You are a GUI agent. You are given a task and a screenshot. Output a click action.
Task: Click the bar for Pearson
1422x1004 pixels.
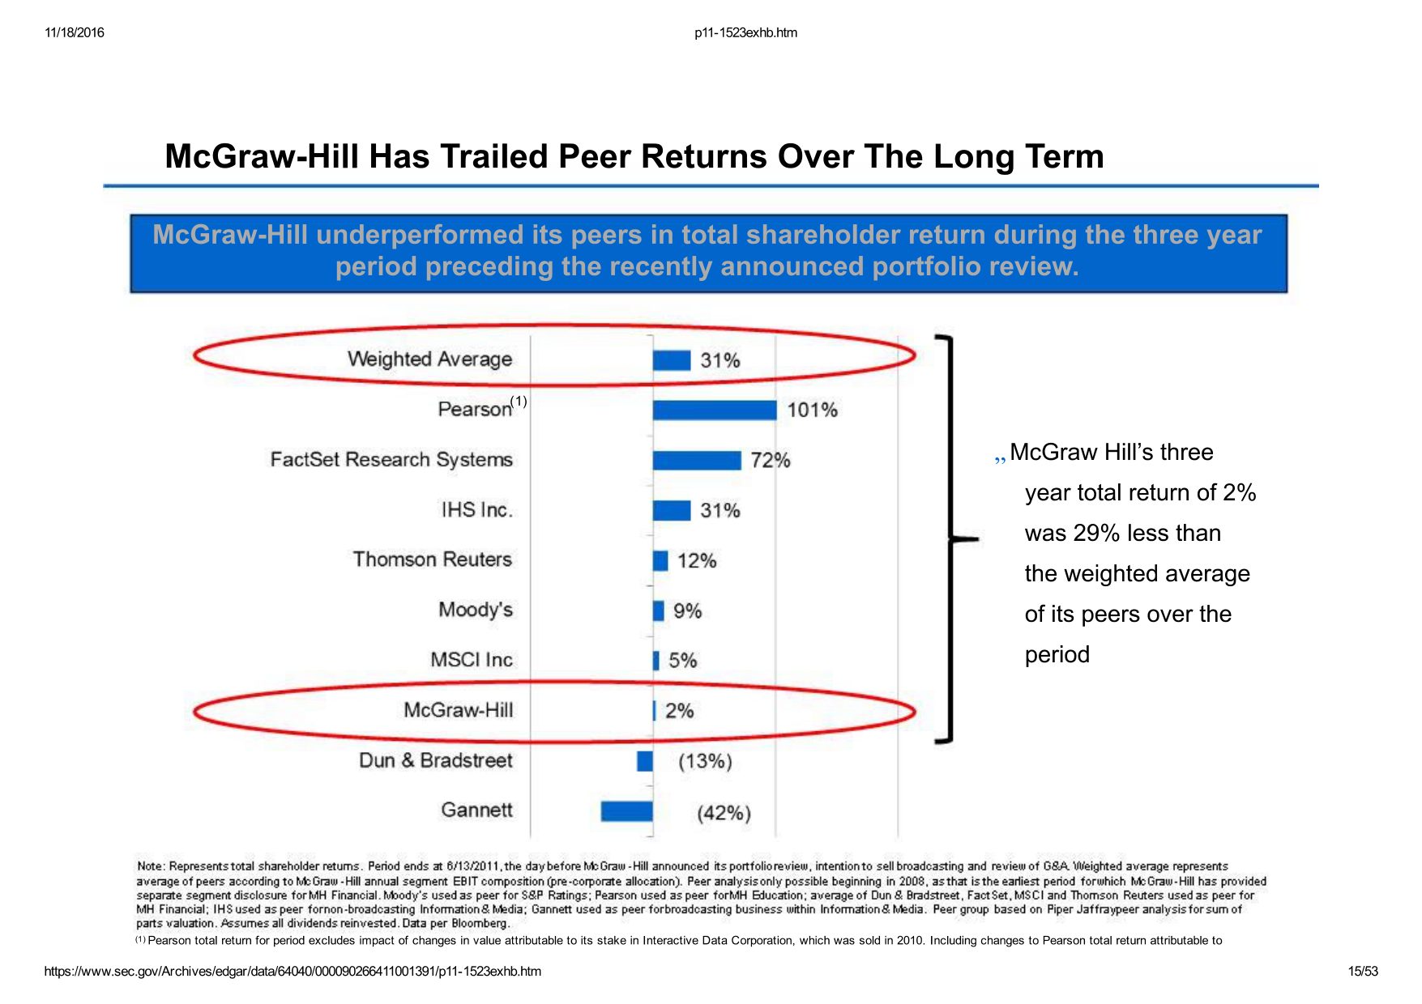click(x=714, y=411)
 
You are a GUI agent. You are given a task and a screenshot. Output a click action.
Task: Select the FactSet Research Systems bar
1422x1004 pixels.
click(x=696, y=461)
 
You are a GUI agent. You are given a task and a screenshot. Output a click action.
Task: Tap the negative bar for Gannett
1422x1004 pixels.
click(x=626, y=811)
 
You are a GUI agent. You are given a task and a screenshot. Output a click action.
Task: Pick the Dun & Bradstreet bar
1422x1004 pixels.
click(x=645, y=761)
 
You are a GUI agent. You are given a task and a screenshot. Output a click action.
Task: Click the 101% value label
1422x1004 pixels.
click(x=812, y=411)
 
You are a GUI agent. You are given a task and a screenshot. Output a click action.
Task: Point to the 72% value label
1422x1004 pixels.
click(x=770, y=461)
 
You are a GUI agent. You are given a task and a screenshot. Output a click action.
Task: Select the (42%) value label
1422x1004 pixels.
click(x=724, y=813)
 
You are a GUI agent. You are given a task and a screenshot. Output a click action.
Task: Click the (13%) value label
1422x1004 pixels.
click(x=705, y=762)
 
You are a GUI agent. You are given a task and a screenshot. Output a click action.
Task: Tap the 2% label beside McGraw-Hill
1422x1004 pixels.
click(x=679, y=711)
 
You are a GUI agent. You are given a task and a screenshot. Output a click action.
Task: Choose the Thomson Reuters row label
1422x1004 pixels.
click(x=433, y=559)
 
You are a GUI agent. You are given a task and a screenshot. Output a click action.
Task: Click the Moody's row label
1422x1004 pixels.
click(x=476, y=610)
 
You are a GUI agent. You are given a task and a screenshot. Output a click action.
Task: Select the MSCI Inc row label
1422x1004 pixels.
click(x=472, y=660)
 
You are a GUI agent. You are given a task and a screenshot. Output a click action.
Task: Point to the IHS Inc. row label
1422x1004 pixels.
click(x=476, y=510)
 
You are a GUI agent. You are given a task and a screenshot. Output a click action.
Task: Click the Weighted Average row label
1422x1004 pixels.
click(x=429, y=359)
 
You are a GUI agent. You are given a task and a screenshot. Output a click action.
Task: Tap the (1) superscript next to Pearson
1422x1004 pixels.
click(x=519, y=401)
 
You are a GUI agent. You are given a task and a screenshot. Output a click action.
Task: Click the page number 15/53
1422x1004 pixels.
click(x=1362, y=972)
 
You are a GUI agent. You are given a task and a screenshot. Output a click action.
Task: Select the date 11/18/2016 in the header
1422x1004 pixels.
click(x=75, y=33)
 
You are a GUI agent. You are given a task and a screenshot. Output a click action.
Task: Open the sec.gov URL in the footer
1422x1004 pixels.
click(x=293, y=972)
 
